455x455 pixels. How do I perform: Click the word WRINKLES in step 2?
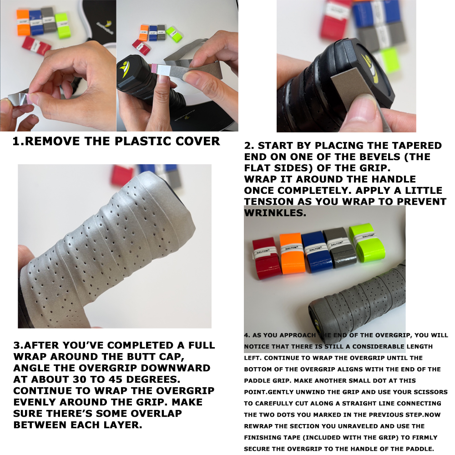click(275, 212)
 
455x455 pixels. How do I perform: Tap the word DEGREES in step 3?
click(153, 379)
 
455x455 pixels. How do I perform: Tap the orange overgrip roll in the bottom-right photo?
click(292, 253)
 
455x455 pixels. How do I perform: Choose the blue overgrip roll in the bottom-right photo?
click(316, 251)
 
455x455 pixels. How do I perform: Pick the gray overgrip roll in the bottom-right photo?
click(339, 247)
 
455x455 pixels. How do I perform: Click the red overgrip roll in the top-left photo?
click(36, 45)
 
